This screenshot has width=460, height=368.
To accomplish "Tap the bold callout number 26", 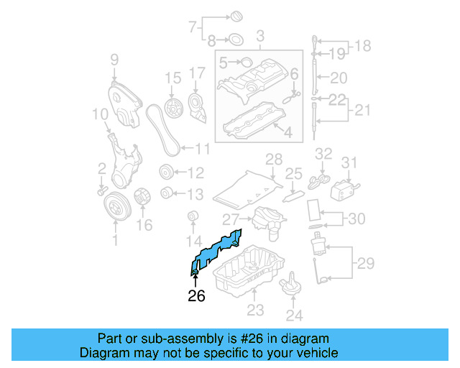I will tap(197, 295).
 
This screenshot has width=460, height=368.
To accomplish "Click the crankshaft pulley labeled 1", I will tap(114, 208).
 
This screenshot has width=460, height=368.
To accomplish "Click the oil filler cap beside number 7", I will tap(236, 16).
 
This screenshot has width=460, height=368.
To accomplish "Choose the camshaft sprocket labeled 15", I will tap(172, 109).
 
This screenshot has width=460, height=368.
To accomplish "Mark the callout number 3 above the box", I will tap(259, 35).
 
